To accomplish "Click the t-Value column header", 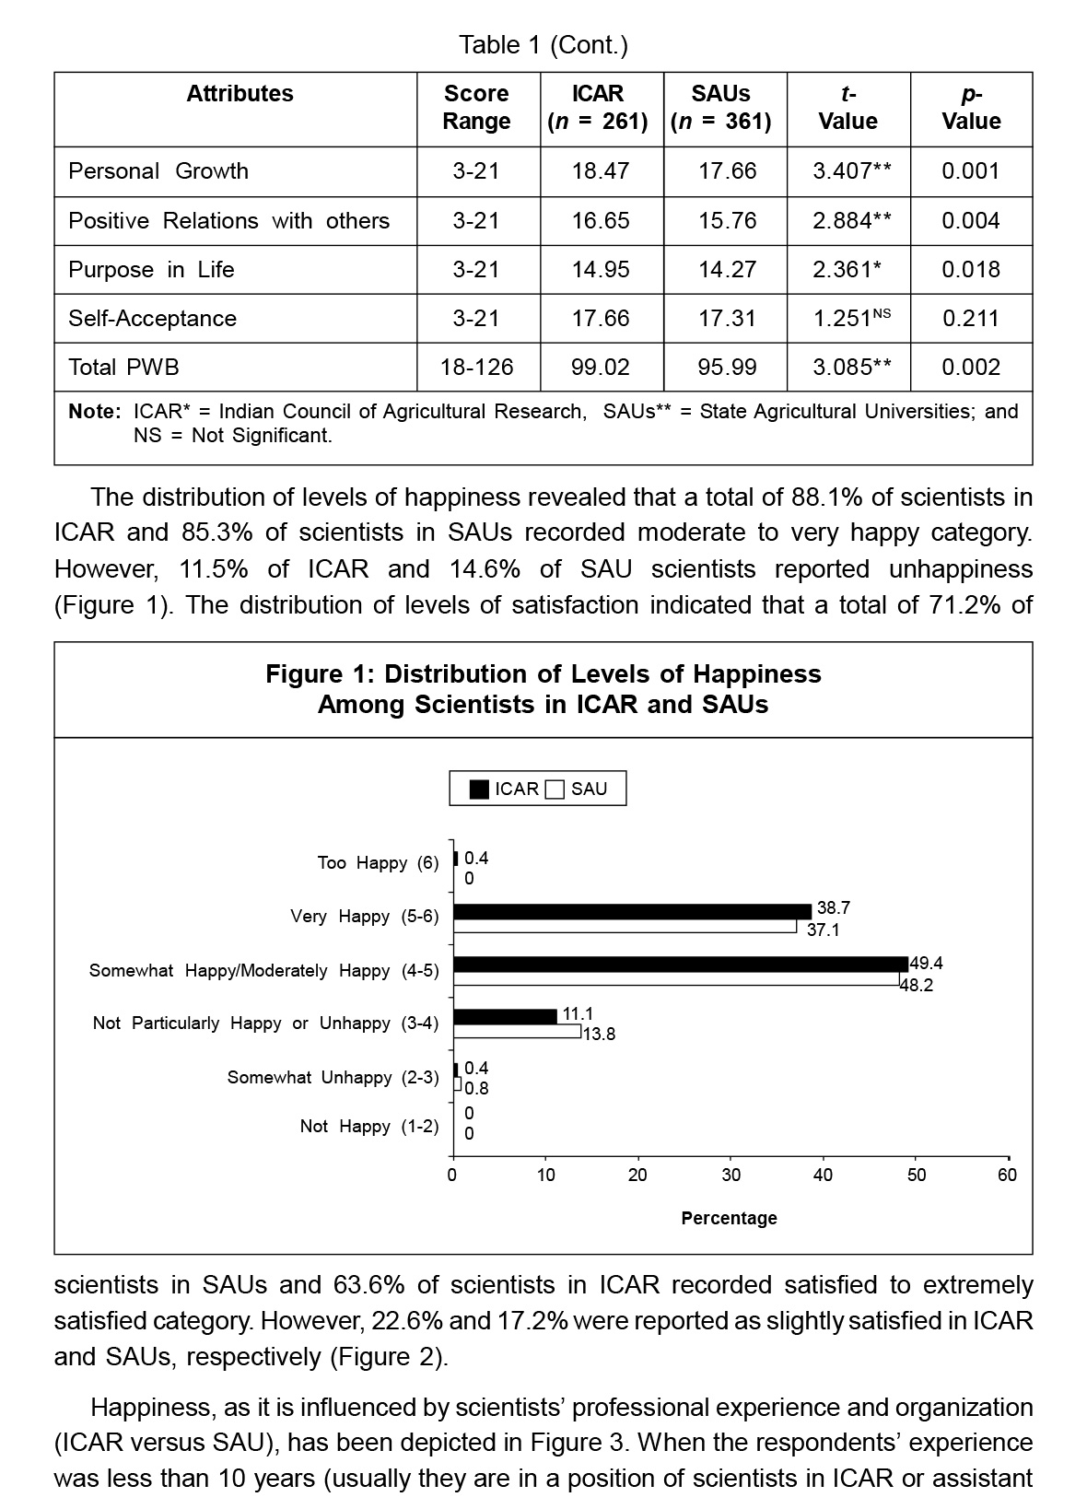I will click(x=847, y=108).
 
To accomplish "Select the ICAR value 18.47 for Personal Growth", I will click(x=600, y=171).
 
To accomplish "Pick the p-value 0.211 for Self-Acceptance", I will click(x=970, y=319).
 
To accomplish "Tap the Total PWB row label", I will click(x=123, y=368).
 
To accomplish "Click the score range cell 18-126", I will click(x=476, y=368).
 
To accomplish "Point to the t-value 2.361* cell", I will click(x=847, y=270).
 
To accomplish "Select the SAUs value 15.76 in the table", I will click(x=727, y=221).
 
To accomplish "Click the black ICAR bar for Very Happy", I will click(x=632, y=911).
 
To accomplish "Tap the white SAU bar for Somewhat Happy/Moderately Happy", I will click(x=675, y=979).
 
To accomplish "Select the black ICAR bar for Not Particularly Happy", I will click(x=505, y=1016).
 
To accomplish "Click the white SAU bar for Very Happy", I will click(x=625, y=927).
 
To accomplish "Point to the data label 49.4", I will click(x=926, y=965).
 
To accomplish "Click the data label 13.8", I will click(x=599, y=1035).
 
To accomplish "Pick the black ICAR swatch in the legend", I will click(x=479, y=790).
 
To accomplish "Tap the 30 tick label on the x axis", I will click(x=731, y=1176).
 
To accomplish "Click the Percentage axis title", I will click(x=729, y=1218).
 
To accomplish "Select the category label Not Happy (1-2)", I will click(x=369, y=1127).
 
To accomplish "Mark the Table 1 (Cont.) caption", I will click(x=543, y=45).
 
